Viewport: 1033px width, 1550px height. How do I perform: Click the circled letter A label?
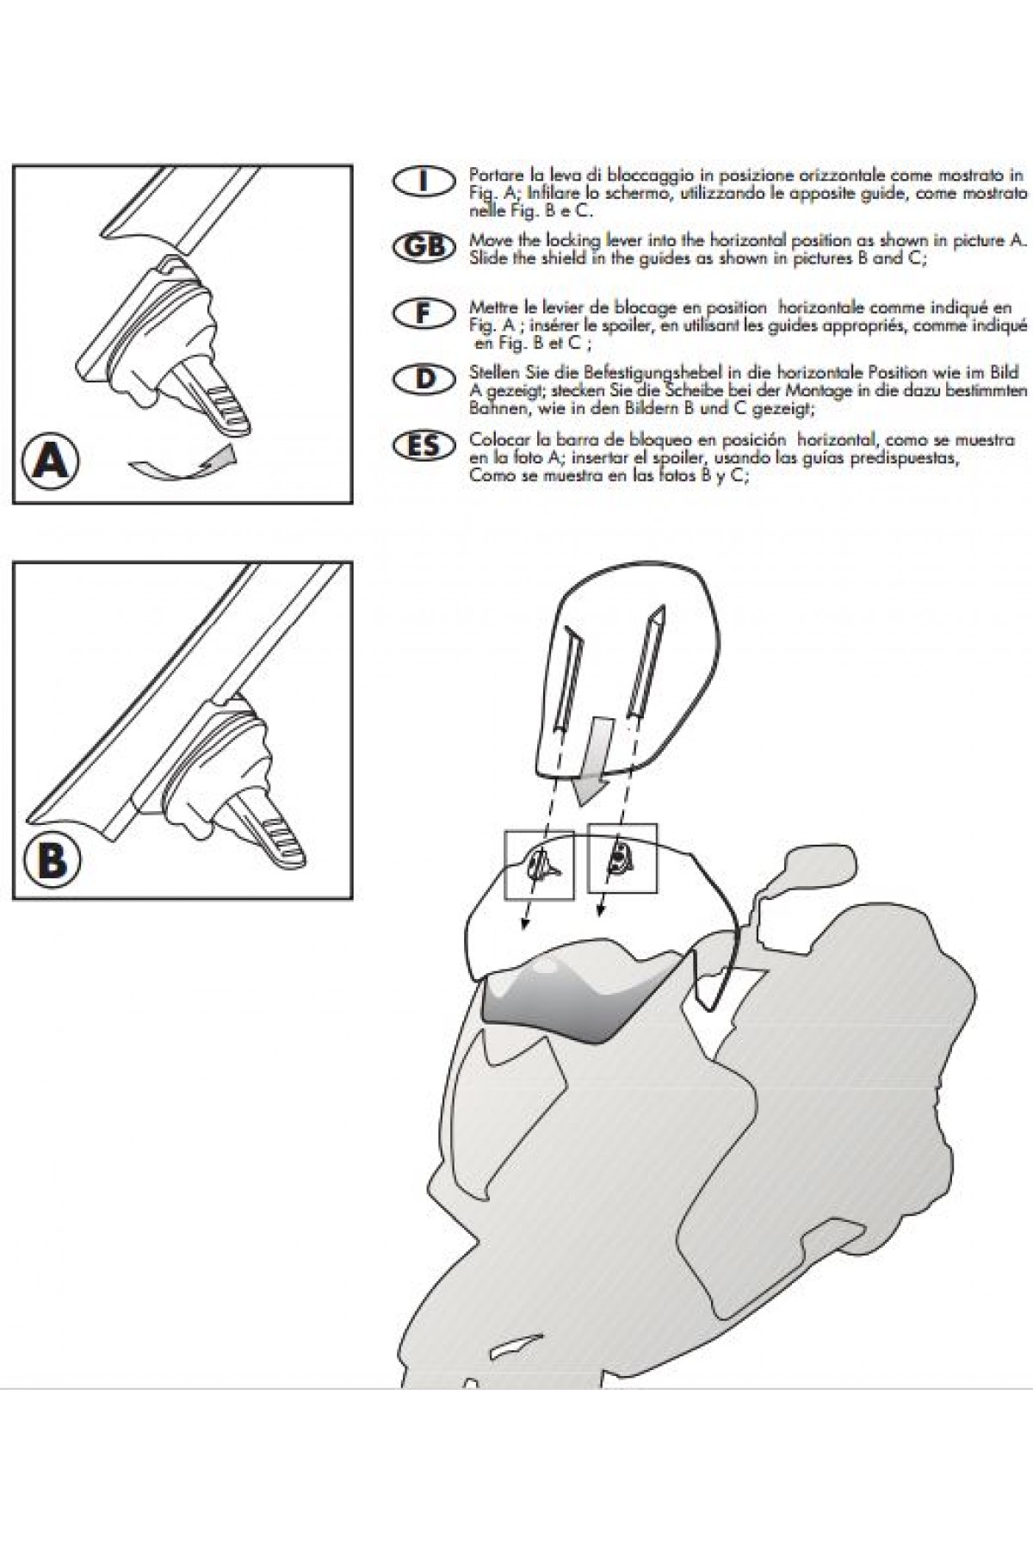[x=52, y=462]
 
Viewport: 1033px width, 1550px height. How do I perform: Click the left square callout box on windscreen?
[x=540, y=865]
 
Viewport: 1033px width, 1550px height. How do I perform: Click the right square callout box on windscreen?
[x=622, y=858]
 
